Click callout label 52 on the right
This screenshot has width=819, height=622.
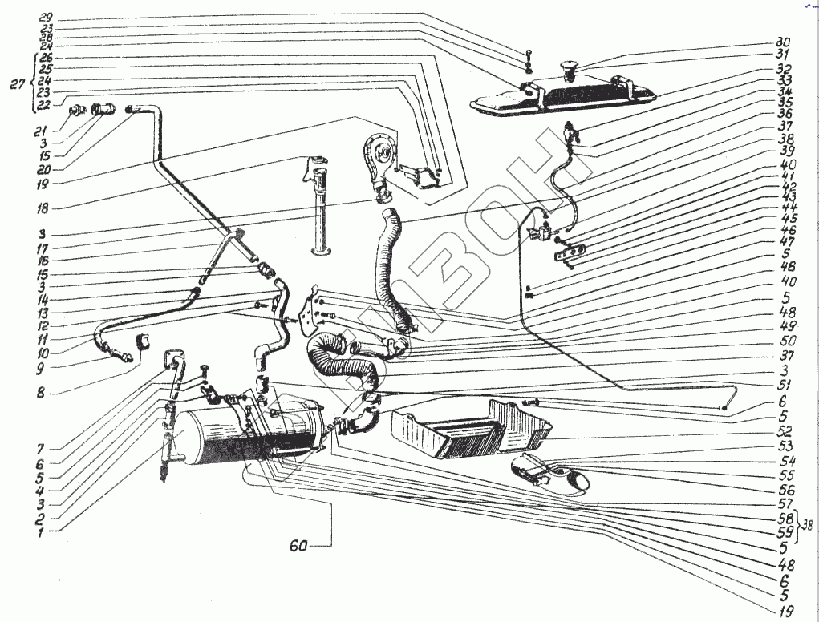pos(783,430)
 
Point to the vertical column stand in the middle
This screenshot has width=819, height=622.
pos(322,212)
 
